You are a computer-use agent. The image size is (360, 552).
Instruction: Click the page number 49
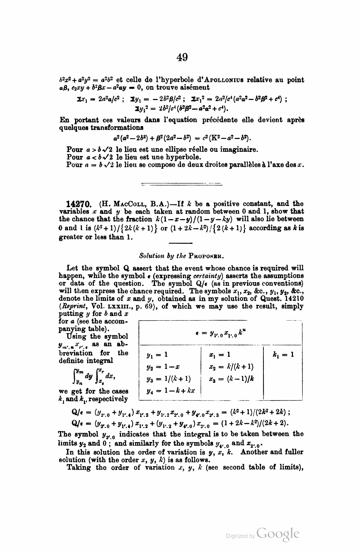coord(182,57)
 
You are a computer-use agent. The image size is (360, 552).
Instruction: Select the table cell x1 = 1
coord(220,355)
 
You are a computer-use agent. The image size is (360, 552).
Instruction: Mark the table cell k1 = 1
coord(283,355)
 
